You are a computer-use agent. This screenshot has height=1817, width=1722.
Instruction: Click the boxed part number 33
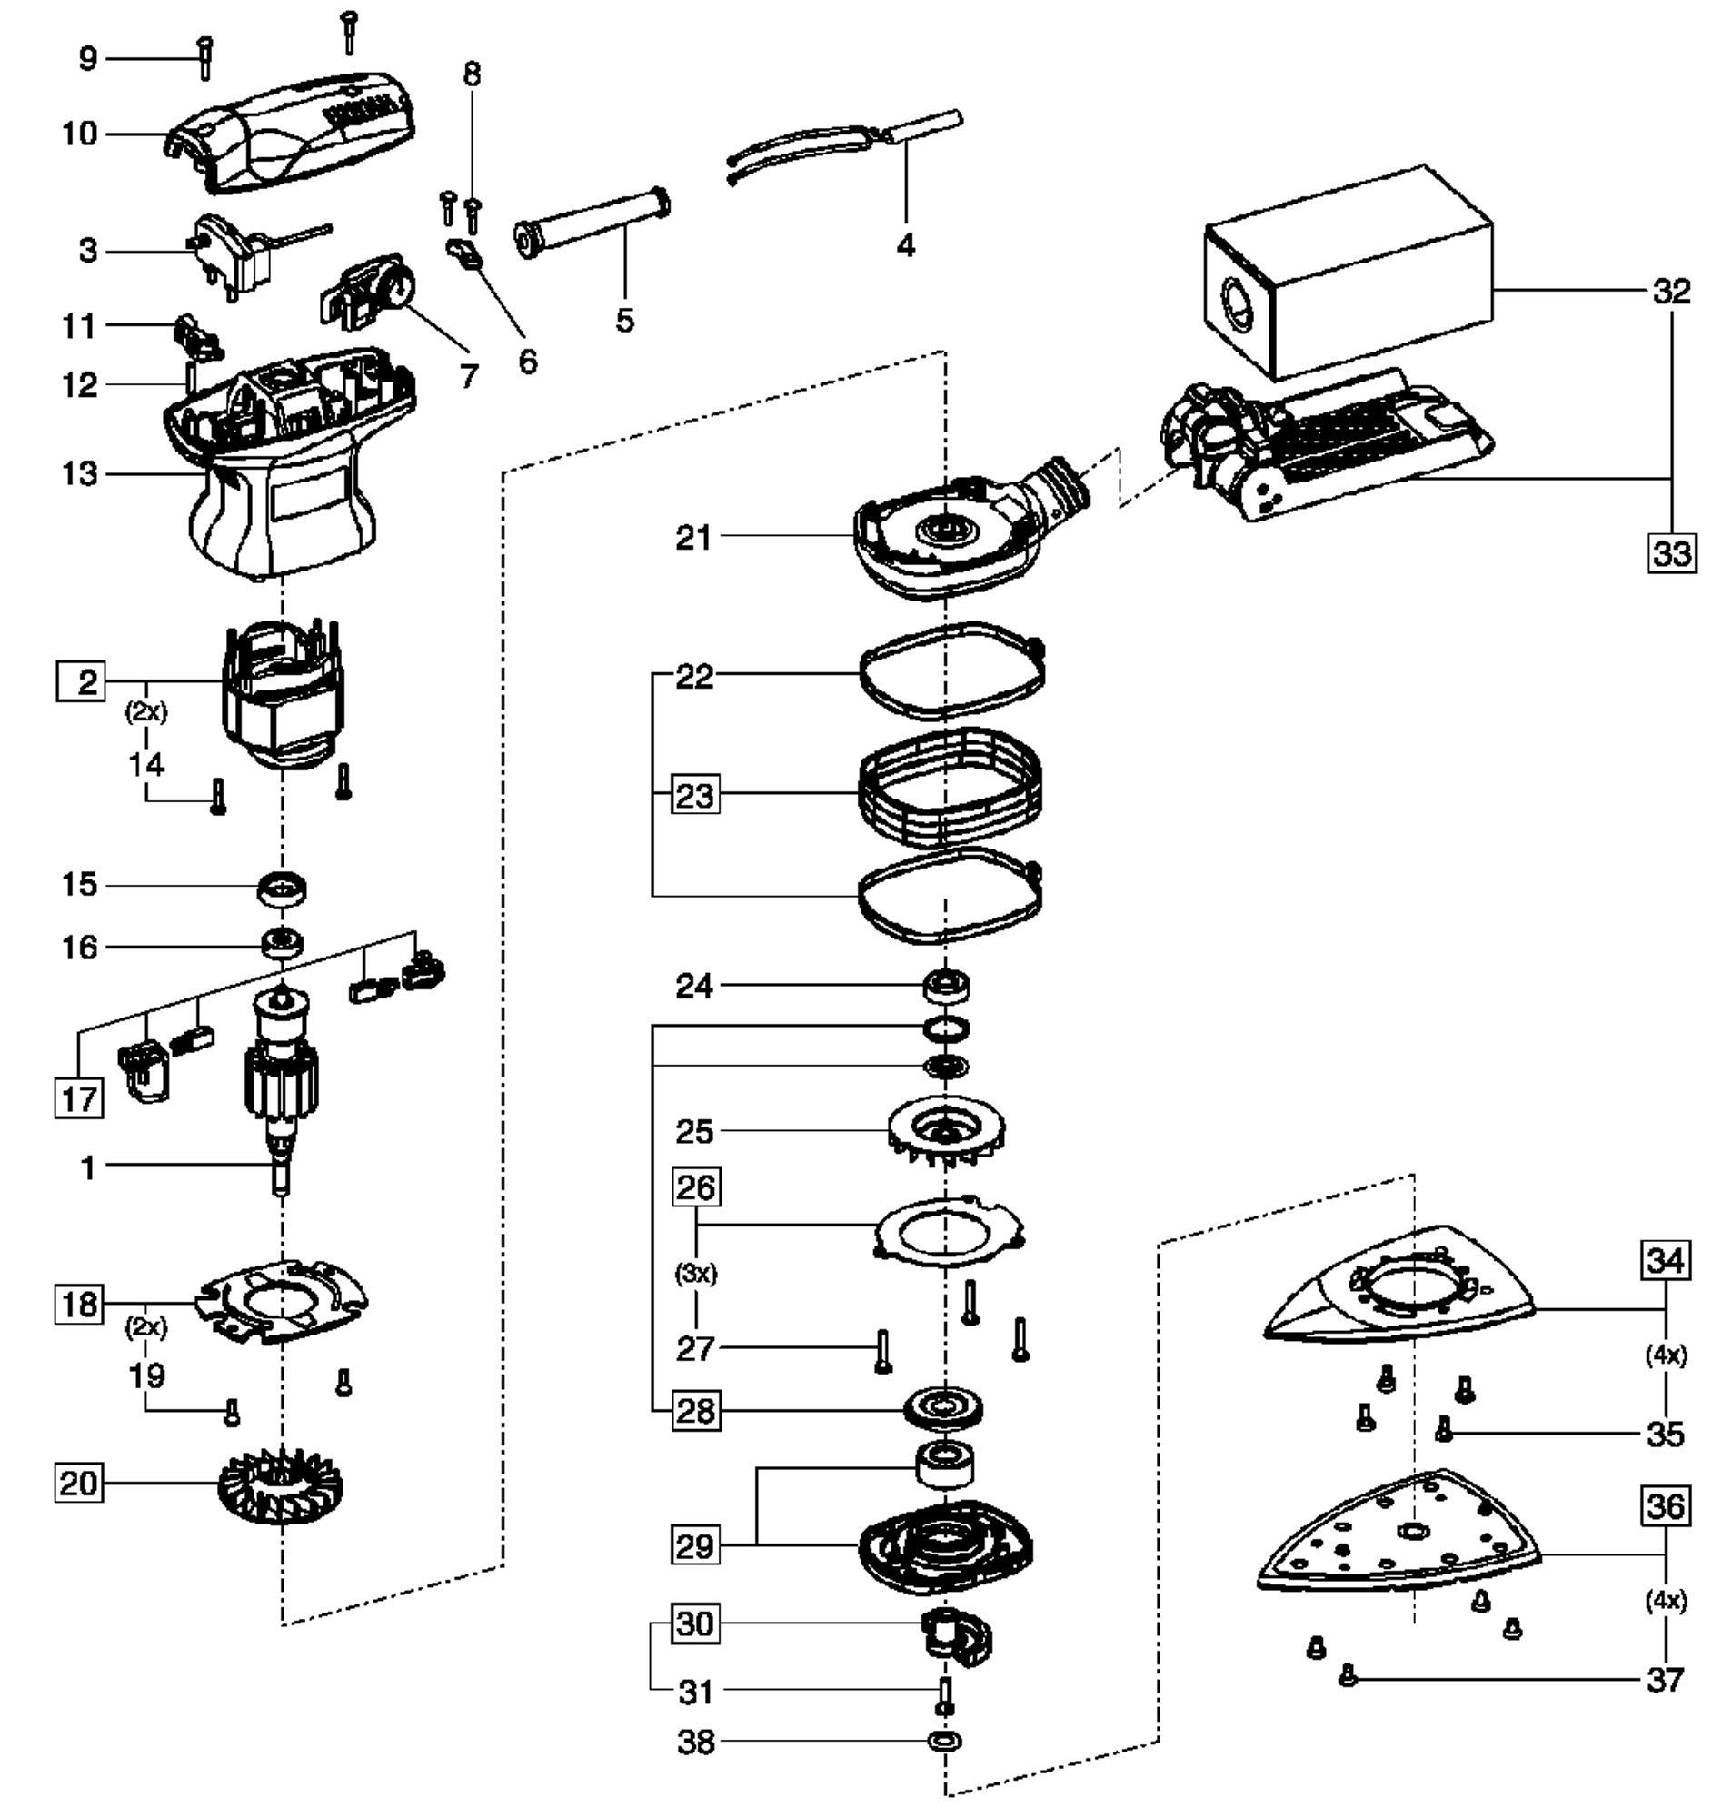[x=1671, y=553]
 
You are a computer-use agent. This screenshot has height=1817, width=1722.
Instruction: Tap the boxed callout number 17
[x=78, y=1098]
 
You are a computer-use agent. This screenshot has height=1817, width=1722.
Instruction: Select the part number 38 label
[x=695, y=1742]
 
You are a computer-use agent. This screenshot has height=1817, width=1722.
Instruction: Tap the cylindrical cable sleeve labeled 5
[x=592, y=224]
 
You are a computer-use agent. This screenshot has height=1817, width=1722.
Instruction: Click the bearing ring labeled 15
[x=282, y=889]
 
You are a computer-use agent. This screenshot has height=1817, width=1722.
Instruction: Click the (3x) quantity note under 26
[x=695, y=1274]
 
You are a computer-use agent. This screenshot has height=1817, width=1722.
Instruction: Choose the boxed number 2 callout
[x=81, y=682]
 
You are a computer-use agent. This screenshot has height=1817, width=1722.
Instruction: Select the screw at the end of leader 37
[x=1348, y=1675]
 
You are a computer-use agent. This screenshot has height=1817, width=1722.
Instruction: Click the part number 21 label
[x=694, y=538]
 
